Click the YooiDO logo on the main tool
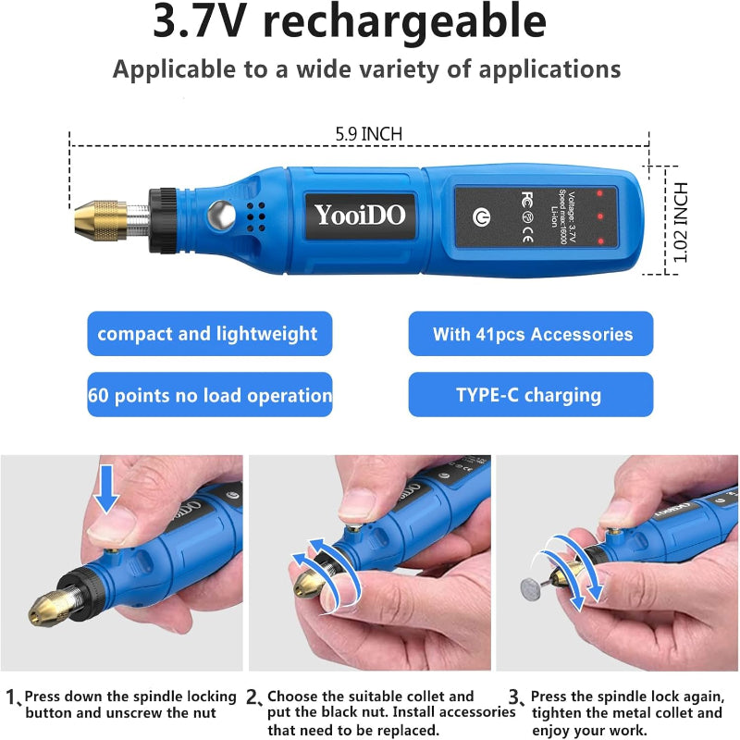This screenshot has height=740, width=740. pyautogui.click(x=360, y=215)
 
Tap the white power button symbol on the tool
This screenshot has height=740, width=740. pyautogui.click(x=481, y=217)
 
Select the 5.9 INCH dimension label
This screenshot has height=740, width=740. pyautogui.click(x=368, y=134)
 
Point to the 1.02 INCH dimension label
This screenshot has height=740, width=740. pyautogui.click(x=680, y=222)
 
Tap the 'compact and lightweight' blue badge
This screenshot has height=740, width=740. pyautogui.click(x=210, y=334)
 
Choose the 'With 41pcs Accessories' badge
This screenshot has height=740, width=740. pyautogui.click(x=531, y=334)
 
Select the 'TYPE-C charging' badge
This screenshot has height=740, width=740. pyautogui.click(x=531, y=395)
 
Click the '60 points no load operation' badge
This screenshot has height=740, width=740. pyautogui.click(x=210, y=395)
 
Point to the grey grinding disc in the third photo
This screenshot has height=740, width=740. pyautogui.click(x=531, y=589)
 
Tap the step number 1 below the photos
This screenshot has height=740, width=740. pyautogui.click(x=11, y=697)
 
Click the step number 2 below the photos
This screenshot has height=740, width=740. pyautogui.click(x=253, y=697)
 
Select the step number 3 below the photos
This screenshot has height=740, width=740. pyautogui.click(x=515, y=697)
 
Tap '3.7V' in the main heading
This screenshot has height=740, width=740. pyautogui.click(x=200, y=21)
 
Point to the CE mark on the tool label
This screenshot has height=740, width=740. pyautogui.click(x=527, y=234)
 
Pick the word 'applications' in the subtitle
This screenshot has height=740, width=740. pyautogui.click(x=549, y=70)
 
